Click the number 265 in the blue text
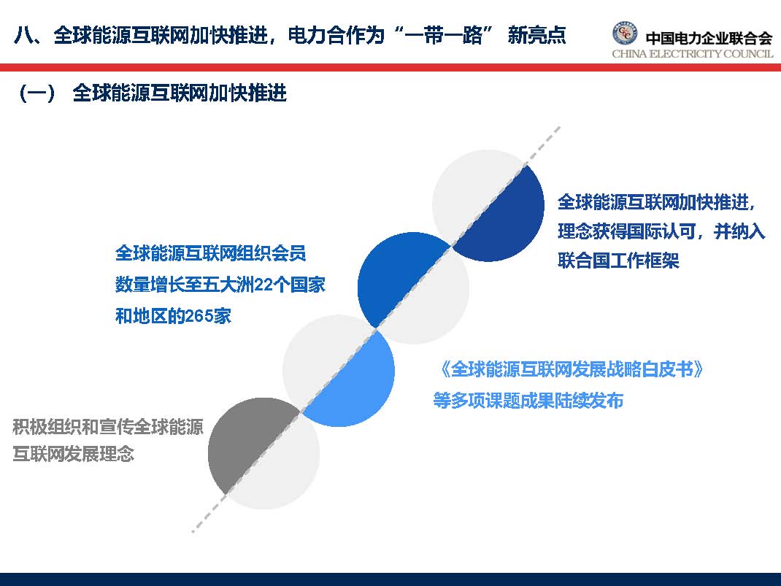[199, 317]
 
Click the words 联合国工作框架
[618, 261]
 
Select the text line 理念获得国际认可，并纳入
[661, 231]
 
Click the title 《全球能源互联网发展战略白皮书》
[571, 369]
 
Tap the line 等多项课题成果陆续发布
[528, 401]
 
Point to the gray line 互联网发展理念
[74, 454]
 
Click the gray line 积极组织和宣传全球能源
[108, 427]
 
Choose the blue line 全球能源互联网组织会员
[210, 254]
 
